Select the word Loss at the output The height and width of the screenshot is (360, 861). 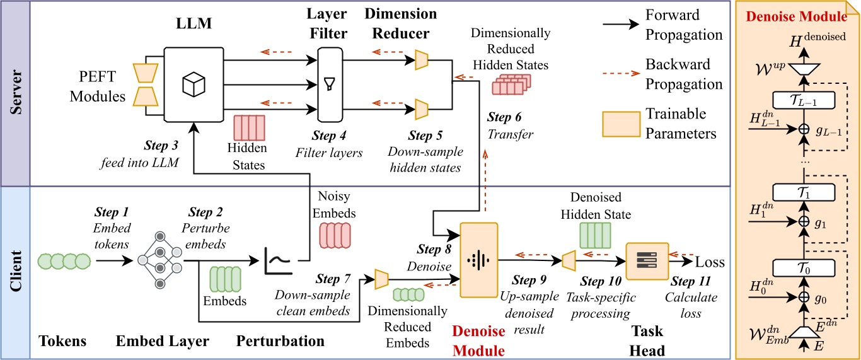pos(709,263)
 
